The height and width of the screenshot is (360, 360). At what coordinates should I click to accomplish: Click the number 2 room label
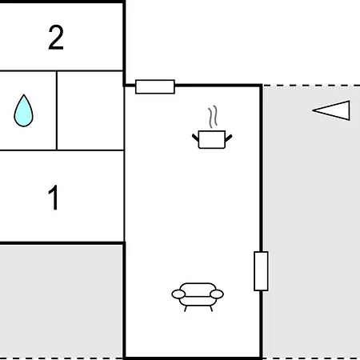[56, 38]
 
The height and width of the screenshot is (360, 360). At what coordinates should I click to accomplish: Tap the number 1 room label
[54, 198]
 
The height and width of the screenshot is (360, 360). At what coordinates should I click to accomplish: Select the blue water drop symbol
[23, 110]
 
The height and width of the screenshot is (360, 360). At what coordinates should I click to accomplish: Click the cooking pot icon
[212, 139]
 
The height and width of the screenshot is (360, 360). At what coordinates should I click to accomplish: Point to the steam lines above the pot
[213, 117]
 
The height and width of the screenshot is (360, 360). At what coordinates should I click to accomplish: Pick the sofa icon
[198, 297]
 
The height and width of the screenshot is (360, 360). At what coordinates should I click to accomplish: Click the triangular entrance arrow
[331, 110]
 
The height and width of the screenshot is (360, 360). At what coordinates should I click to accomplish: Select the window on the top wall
[155, 86]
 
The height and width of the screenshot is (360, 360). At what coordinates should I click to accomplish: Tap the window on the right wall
[261, 271]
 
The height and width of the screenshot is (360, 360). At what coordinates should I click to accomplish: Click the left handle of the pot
[195, 138]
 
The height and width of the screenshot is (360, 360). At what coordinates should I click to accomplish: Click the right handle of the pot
[229, 138]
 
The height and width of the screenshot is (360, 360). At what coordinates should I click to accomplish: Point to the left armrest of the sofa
[178, 294]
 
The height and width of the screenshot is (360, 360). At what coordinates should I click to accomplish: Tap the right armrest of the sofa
[217, 294]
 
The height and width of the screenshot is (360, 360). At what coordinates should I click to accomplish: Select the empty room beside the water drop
[90, 110]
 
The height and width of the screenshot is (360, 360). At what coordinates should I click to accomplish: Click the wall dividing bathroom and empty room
[57, 110]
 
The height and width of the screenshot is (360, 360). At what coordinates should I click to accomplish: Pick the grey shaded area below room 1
[62, 302]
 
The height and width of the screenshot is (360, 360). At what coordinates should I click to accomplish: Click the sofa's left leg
[186, 309]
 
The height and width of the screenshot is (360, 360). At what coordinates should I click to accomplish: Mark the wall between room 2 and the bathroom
[62, 71]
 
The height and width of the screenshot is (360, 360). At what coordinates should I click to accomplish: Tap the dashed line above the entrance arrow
[311, 86]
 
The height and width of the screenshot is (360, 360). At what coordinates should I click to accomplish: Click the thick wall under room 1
[62, 243]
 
